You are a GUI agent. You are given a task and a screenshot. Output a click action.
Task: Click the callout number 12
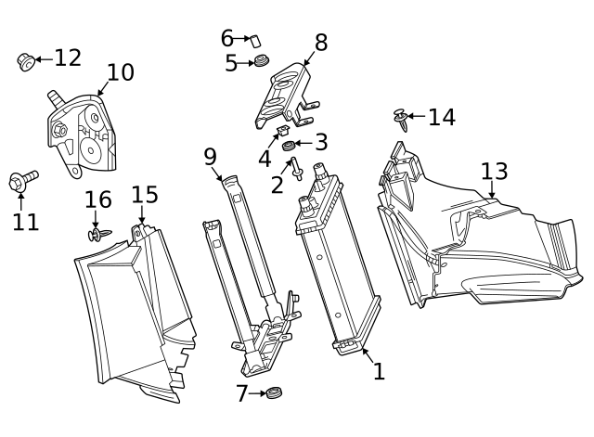[68, 58]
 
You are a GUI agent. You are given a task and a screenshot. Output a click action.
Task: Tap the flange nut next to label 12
[26, 62]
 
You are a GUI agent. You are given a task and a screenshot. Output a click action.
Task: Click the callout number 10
[120, 73]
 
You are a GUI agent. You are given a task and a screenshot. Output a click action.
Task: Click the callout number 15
[144, 195]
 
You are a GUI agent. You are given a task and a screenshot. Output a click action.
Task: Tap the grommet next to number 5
[263, 62]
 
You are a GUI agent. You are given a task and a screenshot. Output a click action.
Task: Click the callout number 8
[321, 43]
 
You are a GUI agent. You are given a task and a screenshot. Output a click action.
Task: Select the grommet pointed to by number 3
[289, 146]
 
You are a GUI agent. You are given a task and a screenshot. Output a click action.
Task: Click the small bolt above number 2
[297, 169]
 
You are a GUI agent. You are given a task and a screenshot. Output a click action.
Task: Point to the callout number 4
[265, 159]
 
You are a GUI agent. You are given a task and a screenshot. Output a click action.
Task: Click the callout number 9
[211, 156]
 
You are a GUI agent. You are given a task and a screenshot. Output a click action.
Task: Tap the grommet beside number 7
[273, 393]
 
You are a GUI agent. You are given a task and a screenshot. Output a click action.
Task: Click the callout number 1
[379, 371]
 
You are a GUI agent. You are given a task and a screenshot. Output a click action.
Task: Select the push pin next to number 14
[400, 120]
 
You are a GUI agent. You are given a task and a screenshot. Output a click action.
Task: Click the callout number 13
[494, 172]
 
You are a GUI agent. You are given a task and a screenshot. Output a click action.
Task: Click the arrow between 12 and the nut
[43, 58]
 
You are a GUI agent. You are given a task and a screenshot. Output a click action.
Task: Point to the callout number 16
[97, 199]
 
